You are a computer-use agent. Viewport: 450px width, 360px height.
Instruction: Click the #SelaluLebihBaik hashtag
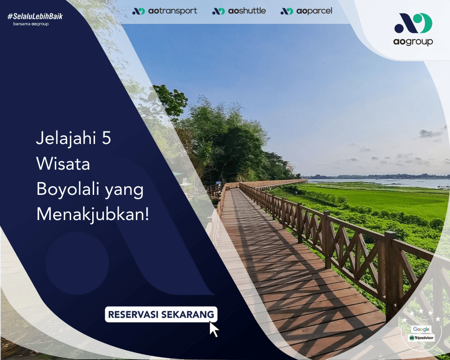[x=35, y=16]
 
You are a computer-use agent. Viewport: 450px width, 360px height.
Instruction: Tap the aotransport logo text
[x=172, y=11]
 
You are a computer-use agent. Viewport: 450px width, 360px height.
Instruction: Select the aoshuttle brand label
[x=247, y=11]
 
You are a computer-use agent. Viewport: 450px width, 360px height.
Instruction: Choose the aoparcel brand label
[x=314, y=11]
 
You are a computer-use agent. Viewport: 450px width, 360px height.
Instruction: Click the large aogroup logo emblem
[x=413, y=23]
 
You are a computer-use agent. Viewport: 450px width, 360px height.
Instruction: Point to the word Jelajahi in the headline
[x=66, y=138]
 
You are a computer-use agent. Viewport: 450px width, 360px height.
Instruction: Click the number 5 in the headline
[x=106, y=138]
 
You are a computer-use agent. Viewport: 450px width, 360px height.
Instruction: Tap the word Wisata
[x=63, y=164]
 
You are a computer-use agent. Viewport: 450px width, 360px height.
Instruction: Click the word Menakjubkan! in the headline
[x=93, y=215]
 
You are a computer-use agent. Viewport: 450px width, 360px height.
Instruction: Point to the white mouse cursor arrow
[x=214, y=329]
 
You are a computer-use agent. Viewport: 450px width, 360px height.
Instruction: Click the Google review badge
[x=421, y=329]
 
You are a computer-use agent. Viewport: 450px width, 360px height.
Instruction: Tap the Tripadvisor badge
[x=421, y=338]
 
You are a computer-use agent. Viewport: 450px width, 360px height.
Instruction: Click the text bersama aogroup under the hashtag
[x=31, y=24]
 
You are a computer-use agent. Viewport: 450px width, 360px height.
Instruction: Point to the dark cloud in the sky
[x=431, y=134]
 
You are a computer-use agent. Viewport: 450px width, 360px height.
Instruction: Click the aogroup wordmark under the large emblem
[x=413, y=42]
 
